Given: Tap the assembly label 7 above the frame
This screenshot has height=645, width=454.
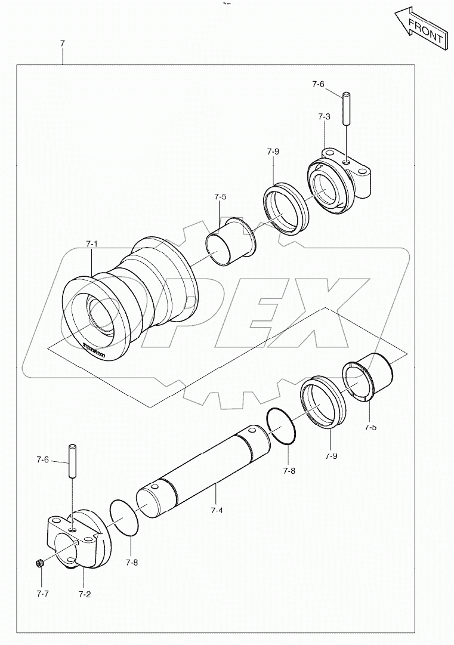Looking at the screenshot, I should click(62, 44).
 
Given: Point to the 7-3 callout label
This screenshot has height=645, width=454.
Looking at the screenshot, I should click(324, 117).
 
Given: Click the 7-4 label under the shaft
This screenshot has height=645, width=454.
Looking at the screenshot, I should click(217, 511).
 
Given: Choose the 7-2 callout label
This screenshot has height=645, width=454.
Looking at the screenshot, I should click(84, 594).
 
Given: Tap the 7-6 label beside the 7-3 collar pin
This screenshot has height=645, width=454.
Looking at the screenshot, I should click(318, 84).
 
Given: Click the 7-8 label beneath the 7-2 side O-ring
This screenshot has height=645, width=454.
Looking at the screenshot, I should click(132, 562).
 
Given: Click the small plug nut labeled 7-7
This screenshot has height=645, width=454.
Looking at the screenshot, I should click(39, 563).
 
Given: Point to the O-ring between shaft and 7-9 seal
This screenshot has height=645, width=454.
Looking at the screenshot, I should click(282, 426).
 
